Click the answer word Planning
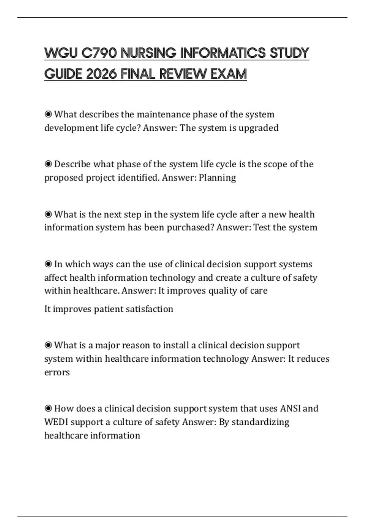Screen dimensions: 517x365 217,177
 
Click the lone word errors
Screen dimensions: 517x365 57,372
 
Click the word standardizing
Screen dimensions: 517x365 260,422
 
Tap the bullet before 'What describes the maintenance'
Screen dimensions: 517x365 48,114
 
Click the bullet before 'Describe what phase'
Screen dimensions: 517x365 48,164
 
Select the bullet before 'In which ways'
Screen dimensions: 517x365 48,264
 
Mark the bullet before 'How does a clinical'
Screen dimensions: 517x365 48,408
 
